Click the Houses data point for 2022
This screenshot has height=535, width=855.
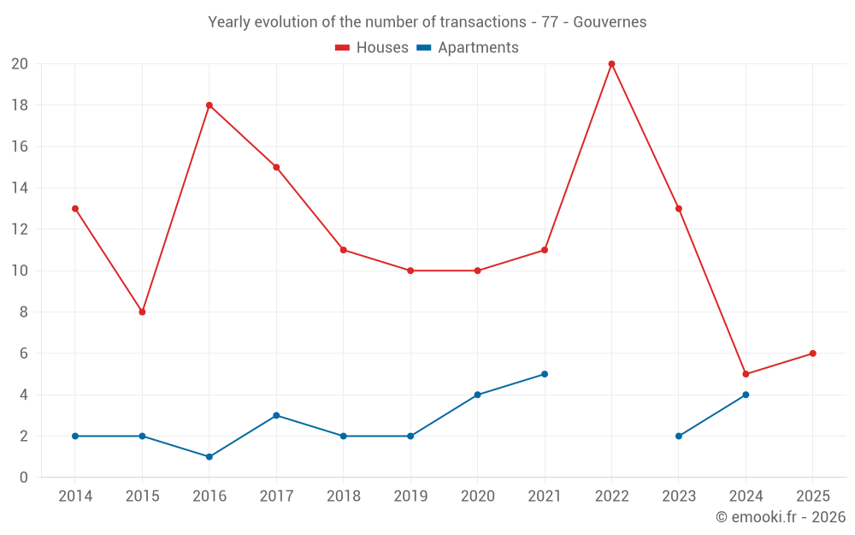(x=611, y=64)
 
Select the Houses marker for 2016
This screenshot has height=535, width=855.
(x=209, y=105)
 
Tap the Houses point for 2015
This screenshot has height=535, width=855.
(x=142, y=312)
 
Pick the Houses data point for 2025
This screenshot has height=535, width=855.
(x=812, y=354)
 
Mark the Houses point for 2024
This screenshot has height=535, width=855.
(x=746, y=374)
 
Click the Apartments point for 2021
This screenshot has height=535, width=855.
(x=545, y=374)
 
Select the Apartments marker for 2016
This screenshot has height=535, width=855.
(x=209, y=456)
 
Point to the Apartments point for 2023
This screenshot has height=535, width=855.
(x=679, y=436)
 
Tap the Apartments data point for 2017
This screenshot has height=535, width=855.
(x=276, y=415)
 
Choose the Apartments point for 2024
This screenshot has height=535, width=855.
(x=746, y=395)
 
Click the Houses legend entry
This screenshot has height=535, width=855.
(x=372, y=48)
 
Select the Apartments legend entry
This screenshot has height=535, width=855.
(x=468, y=48)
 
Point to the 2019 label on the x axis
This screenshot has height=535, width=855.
(x=410, y=496)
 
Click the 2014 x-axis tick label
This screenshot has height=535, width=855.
(x=75, y=496)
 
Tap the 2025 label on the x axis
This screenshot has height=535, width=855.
(x=812, y=496)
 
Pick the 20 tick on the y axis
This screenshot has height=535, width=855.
(x=20, y=64)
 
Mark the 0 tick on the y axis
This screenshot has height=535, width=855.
(x=24, y=477)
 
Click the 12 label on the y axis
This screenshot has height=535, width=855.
(x=20, y=229)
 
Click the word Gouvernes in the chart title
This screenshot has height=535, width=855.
(x=610, y=22)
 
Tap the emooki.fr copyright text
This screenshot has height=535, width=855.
(x=781, y=517)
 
